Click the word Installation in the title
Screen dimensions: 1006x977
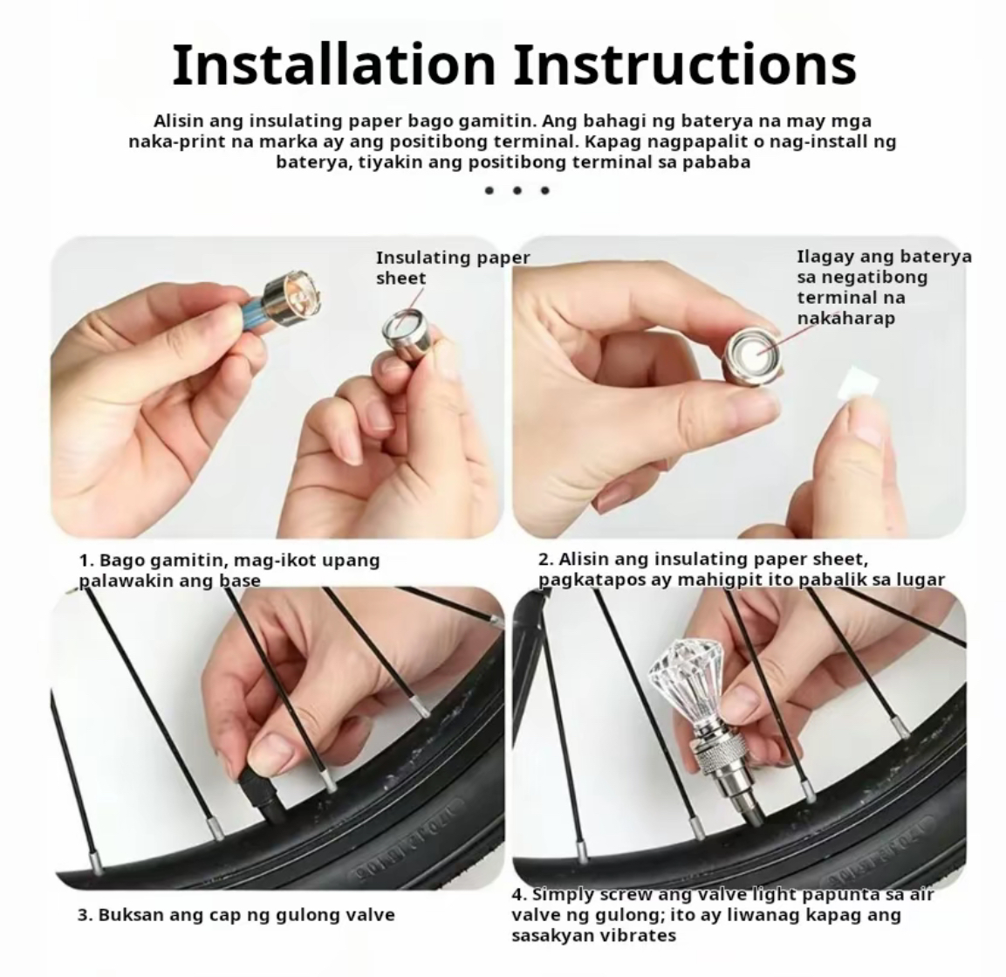[x=334, y=65]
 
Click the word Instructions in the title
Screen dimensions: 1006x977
[x=685, y=65]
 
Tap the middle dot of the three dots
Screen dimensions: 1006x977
[x=517, y=190]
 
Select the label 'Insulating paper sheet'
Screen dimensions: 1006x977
[x=452, y=268]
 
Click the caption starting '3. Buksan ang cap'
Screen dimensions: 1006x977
[x=236, y=915]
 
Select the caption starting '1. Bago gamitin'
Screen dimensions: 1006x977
[x=229, y=570]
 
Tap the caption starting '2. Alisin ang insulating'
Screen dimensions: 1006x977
[x=741, y=568]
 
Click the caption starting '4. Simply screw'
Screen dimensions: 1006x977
[x=722, y=915]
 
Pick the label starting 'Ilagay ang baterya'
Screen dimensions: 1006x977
[x=884, y=287]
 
